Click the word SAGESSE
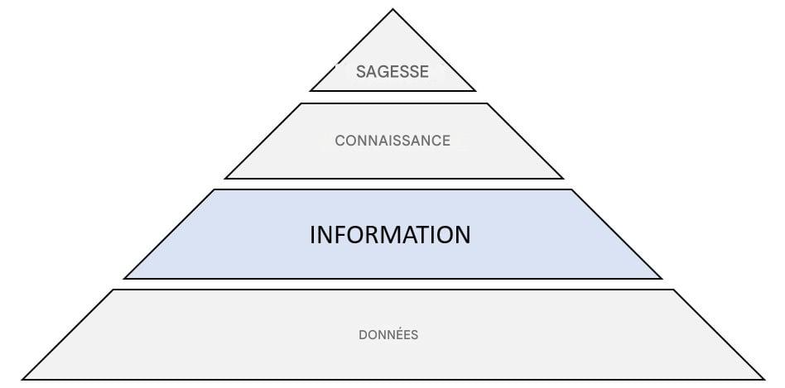tap(392, 72)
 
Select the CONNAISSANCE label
tap(392, 141)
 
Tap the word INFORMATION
tap(390, 235)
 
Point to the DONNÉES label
tap(388, 335)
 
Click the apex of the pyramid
tap(392, 10)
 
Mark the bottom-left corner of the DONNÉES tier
tap(22, 379)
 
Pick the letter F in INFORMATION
tap(340, 235)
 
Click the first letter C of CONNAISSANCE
tap(340, 141)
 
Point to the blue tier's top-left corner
tap(214, 190)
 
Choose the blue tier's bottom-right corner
tap(661, 278)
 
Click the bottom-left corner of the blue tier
tap(125, 278)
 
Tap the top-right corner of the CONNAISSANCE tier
tap(487, 103)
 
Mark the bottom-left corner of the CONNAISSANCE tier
tap(225, 178)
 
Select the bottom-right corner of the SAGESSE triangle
tap(474, 90)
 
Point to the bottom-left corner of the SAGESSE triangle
tap(311, 90)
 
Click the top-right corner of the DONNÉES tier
tap(672, 290)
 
